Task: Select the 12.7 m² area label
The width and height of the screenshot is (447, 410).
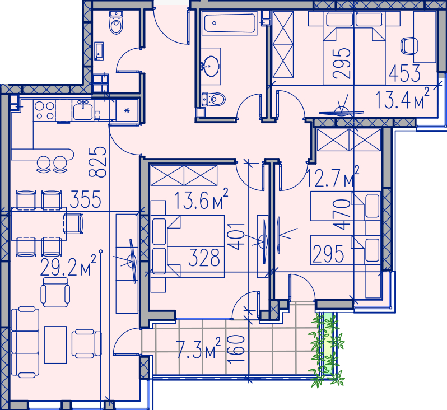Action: click(332, 177)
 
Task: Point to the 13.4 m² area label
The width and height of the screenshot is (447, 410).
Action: click(402, 99)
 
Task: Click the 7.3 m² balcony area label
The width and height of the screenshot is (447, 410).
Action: click(198, 348)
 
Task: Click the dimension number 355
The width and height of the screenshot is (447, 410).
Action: click(85, 199)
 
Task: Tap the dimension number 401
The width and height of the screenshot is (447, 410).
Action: click(236, 236)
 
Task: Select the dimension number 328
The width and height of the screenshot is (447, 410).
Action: click(204, 258)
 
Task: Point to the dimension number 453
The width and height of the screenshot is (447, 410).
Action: click(404, 73)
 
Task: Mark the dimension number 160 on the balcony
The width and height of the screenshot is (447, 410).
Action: click(236, 348)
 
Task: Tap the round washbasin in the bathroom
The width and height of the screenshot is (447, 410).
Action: click(211, 66)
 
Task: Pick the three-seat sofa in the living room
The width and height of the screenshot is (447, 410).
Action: click(25, 342)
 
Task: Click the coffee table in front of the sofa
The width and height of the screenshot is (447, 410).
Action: click(55, 344)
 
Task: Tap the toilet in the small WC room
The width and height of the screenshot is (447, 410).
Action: click(116, 22)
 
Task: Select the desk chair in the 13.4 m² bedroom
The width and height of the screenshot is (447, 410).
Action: click(409, 46)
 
